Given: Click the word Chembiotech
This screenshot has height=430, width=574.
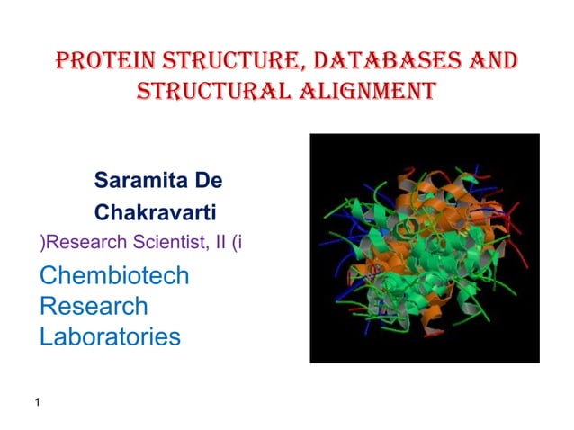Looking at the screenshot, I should point(114,275).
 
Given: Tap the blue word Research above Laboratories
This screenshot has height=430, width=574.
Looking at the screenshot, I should point(94,306).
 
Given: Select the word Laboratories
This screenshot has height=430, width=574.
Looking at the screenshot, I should point(110,337).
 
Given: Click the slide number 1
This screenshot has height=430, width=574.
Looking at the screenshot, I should point(37,402).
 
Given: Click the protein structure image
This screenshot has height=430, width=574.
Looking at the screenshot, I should point(424,248).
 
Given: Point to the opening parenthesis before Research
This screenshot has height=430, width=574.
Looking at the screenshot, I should point(42,242).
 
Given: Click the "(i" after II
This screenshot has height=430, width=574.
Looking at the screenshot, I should point(237,242).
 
